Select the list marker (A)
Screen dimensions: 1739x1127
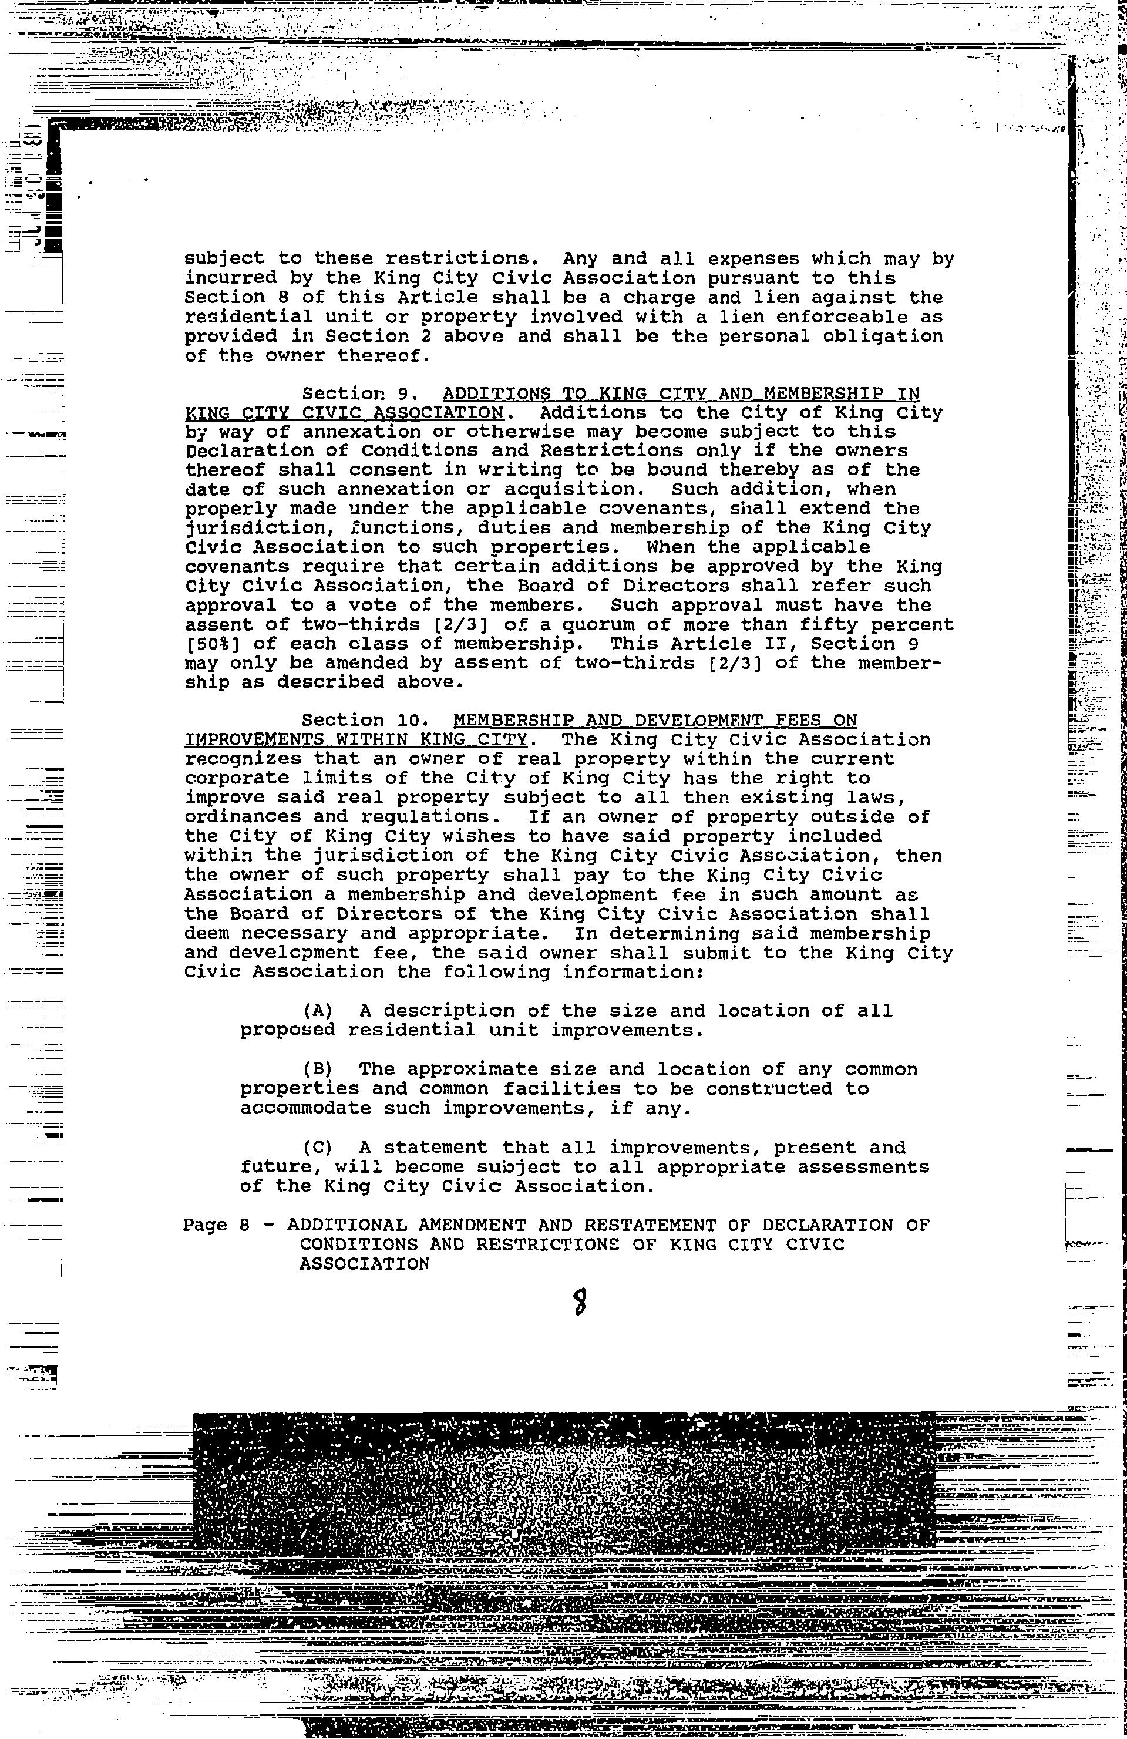pos(317,1011)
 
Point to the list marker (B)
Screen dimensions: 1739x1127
pos(317,1069)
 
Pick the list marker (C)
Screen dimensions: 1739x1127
pos(317,1148)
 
